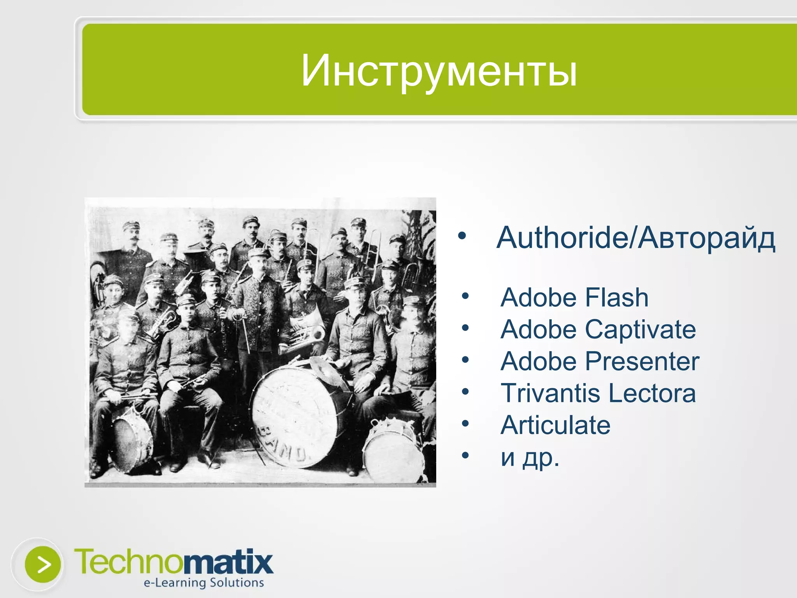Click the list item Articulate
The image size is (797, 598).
(555, 425)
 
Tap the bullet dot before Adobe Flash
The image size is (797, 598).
(465, 297)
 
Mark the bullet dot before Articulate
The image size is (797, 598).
(465, 424)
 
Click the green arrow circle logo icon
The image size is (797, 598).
(43, 564)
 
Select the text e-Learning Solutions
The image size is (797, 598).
(204, 583)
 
